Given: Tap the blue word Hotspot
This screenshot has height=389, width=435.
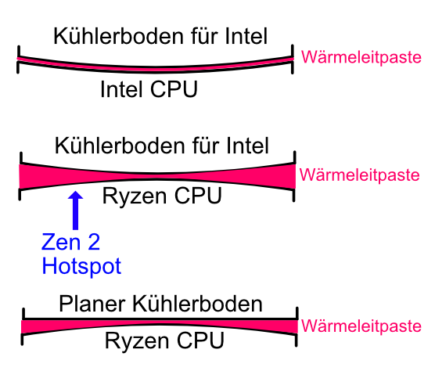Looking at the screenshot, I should click(81, 266).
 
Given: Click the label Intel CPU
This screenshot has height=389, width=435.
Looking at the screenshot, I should click(149, 90).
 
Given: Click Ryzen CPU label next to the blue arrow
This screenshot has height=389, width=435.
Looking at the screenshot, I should click(162, 196).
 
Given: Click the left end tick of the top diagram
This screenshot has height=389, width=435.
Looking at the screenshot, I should click(18, 60).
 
